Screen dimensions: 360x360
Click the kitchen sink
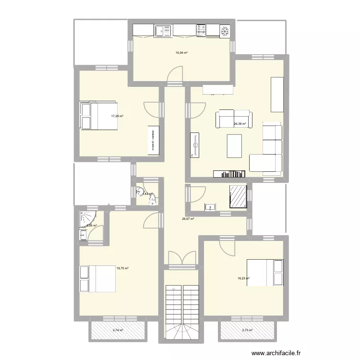(x=163, y=31)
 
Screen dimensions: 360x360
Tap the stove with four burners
(x=201, y=31)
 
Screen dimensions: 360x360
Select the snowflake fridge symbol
(x=224, y=31)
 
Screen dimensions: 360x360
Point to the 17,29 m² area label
(x=118, y=116)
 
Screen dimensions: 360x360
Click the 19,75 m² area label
(x=122, y=268)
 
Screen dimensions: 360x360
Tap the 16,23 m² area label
(x=244, y=277)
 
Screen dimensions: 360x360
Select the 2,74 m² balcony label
(x=118, y=330)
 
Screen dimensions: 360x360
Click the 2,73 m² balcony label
(x=247, y=330)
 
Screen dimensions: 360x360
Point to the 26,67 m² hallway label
(x=188, y=219)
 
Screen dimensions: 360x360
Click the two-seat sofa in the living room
(x=234, y=119)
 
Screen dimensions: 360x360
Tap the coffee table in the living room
(x=234, y=146)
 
